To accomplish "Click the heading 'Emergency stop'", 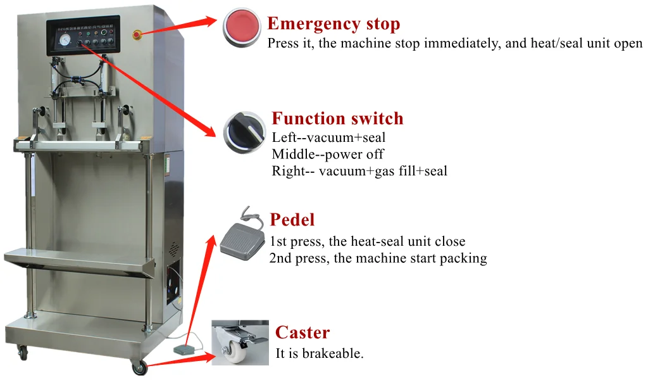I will (333, 24).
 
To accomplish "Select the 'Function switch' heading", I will (337, 118).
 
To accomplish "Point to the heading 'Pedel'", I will (292, 220).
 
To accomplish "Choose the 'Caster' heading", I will (302, 332).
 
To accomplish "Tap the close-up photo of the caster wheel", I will (240, 343).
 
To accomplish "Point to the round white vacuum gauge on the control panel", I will (64, 41).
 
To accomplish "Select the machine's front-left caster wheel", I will (23, 352).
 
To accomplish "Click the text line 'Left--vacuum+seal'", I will (328, 137).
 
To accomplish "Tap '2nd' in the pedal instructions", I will (280, 258).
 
